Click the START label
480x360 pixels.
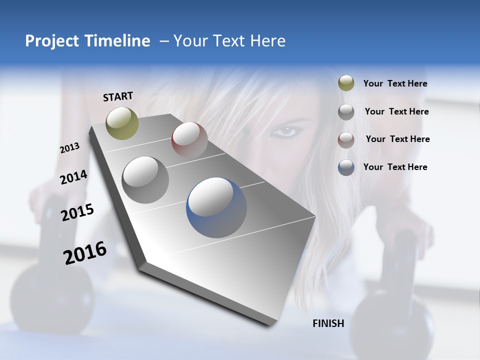[x=118, y=96]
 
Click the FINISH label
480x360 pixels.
[x=328, y=323]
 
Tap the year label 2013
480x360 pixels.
[x=69, y=148]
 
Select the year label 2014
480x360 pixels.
[x=73, y=177]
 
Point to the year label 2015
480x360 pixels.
[x=77, y=212]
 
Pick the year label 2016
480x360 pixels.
[x=85, y=253]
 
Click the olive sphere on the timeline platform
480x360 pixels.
[x=122, y=123]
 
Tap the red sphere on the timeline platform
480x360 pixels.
[x=189, y=139]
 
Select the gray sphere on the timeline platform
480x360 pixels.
[x=145, y=179]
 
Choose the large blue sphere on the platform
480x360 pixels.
[x=216, y=207]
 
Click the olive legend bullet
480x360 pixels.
[x=346, y=83]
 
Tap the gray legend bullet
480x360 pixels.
[x=346, y=111]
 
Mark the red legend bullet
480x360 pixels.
[x=346, y=139]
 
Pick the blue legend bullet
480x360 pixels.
[x=346, y=167]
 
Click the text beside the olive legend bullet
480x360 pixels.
[x=395, y=84]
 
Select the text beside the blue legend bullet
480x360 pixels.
[x=395, y=167]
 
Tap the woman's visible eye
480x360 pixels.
[x=286, y=132]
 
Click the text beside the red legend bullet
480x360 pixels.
[x=397, y=139]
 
